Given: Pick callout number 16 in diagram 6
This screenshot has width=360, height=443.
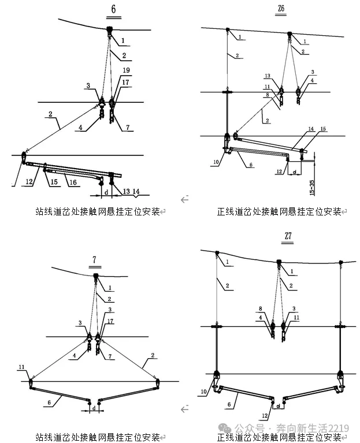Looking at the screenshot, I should (x=73, y=182).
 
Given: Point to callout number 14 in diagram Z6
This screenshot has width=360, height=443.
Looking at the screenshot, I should (x=311, y=128).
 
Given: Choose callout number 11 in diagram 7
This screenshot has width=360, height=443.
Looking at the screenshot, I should (x=21, y=367).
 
